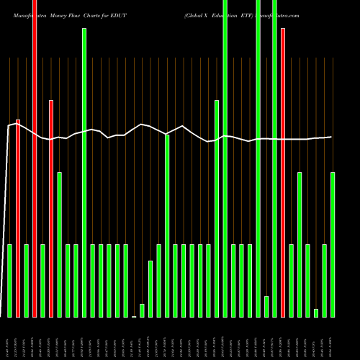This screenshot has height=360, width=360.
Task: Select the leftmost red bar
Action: click(18, 216)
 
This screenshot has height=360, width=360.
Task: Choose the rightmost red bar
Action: click(283, 173)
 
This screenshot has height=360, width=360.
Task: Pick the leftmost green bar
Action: click(10, 281)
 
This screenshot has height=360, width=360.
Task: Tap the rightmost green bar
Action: click(333, 245)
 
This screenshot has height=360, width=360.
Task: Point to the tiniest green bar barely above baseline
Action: click(134, 316)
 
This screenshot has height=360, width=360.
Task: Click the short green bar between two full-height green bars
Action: click(266, 306)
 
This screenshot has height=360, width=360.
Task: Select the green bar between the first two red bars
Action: click(27, 281)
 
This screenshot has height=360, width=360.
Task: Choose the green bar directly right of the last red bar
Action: click(292, 281)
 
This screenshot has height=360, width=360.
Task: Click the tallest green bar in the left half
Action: click(84, 173)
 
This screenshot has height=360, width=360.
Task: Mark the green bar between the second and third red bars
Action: click(43, 281)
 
